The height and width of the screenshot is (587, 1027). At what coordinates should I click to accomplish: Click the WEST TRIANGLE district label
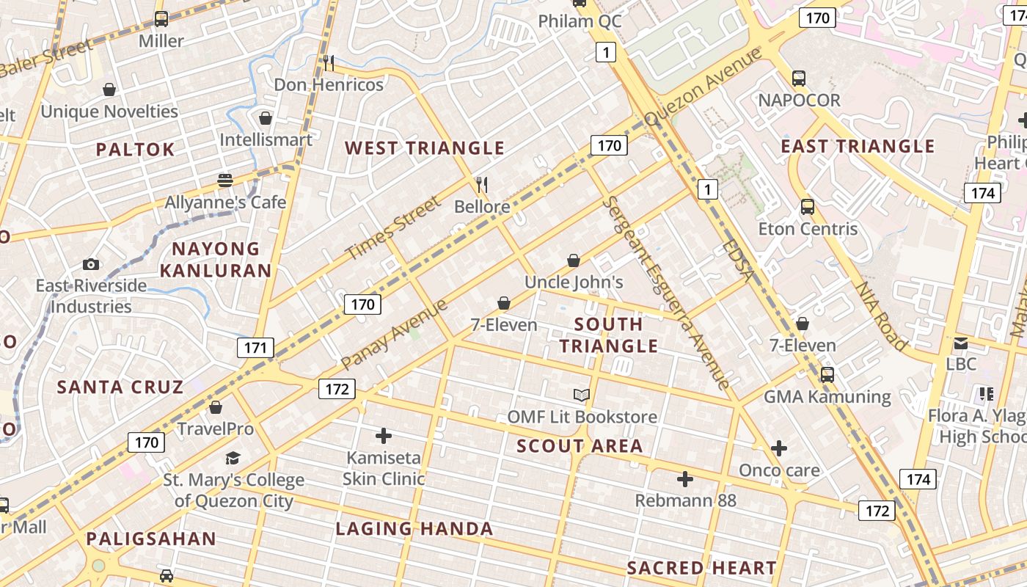(x=425, y=148)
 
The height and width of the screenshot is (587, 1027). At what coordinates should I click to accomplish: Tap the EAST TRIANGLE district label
(x=858, y=146)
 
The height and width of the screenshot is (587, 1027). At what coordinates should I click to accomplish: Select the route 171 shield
(x=255, y=348)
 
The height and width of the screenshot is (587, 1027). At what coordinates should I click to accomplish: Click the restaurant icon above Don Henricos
(x=329, y=63)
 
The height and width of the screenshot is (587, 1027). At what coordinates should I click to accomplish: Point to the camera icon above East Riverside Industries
(x=91, y=264)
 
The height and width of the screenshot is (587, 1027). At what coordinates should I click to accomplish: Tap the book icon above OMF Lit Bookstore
(x=582, y=395)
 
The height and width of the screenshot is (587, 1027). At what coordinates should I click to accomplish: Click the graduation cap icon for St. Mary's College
(x=233, y=459)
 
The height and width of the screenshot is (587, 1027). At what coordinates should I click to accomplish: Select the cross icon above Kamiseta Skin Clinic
(x=383, y=436)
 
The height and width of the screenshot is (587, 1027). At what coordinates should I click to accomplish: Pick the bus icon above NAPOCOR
(x=799, y=78)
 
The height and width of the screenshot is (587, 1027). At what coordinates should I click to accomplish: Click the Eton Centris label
(x=808, y=229)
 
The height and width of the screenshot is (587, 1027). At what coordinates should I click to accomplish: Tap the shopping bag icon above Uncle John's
(x=574, y=260)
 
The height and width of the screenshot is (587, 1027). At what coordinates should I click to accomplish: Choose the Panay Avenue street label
(x=394, y=335)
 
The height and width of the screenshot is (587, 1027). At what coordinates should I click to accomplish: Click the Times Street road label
(x=394, y=227)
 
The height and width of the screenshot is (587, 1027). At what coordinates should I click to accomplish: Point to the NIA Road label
(x=882, y=316)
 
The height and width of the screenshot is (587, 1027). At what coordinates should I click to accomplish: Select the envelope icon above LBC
(x=961, y=343)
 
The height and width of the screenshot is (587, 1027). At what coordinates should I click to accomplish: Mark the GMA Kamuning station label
(x=827, y=397)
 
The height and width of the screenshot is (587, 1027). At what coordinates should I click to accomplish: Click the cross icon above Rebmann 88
(x=685, y=479)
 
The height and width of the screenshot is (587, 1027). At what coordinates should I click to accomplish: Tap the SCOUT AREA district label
(x=580, y=446)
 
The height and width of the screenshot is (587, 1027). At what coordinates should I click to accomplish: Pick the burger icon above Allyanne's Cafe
(x=225, y=181)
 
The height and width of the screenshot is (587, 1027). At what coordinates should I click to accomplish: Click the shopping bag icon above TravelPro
(x=216, y=407)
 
